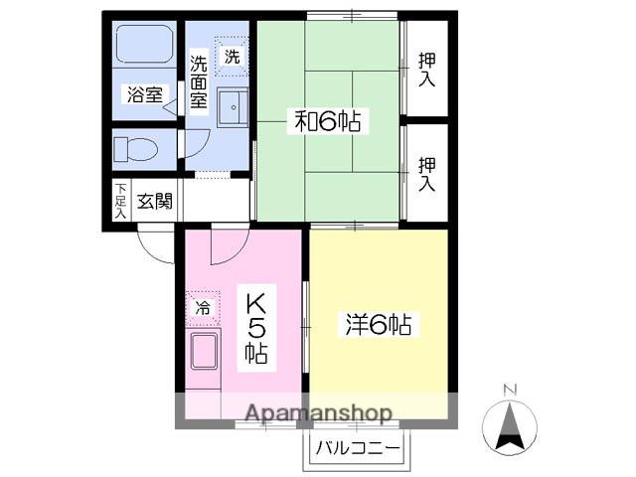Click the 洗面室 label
click(x=199, y=81)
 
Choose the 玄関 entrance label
click(x=154, y=201)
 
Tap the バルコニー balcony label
click(x=359, y=449)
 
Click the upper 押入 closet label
click(x=426, y=68)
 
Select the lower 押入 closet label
click(x=426, y=173)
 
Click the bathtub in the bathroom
click(x=144, y=46)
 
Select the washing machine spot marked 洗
click(x=232, y=57)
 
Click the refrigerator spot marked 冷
click(x=203, y=308)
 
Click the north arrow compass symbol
click(x=510, y=426)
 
